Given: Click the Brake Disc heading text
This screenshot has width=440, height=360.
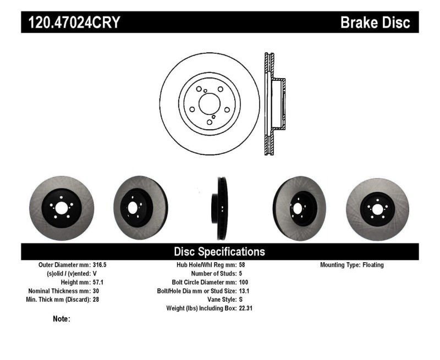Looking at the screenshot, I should pos(375,23).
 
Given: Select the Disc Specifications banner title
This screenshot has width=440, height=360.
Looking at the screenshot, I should pos(219,252).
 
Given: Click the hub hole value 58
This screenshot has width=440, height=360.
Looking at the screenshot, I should pos(243,265).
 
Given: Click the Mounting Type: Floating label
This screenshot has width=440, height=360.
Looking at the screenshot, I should pos(351,265).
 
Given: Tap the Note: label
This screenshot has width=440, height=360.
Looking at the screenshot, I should pos(62,319).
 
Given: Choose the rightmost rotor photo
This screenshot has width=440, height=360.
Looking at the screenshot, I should pos(377,208).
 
